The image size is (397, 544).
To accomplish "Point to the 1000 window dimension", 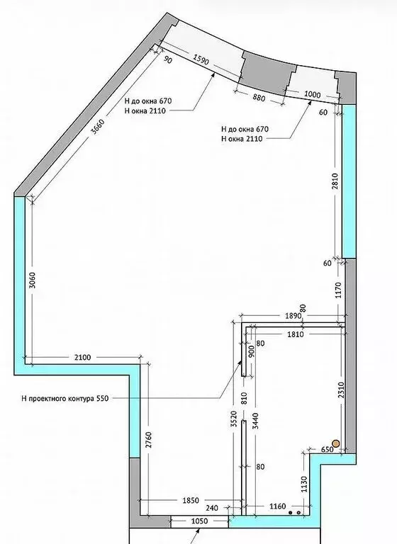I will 312,95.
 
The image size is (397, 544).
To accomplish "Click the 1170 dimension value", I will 337,290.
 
